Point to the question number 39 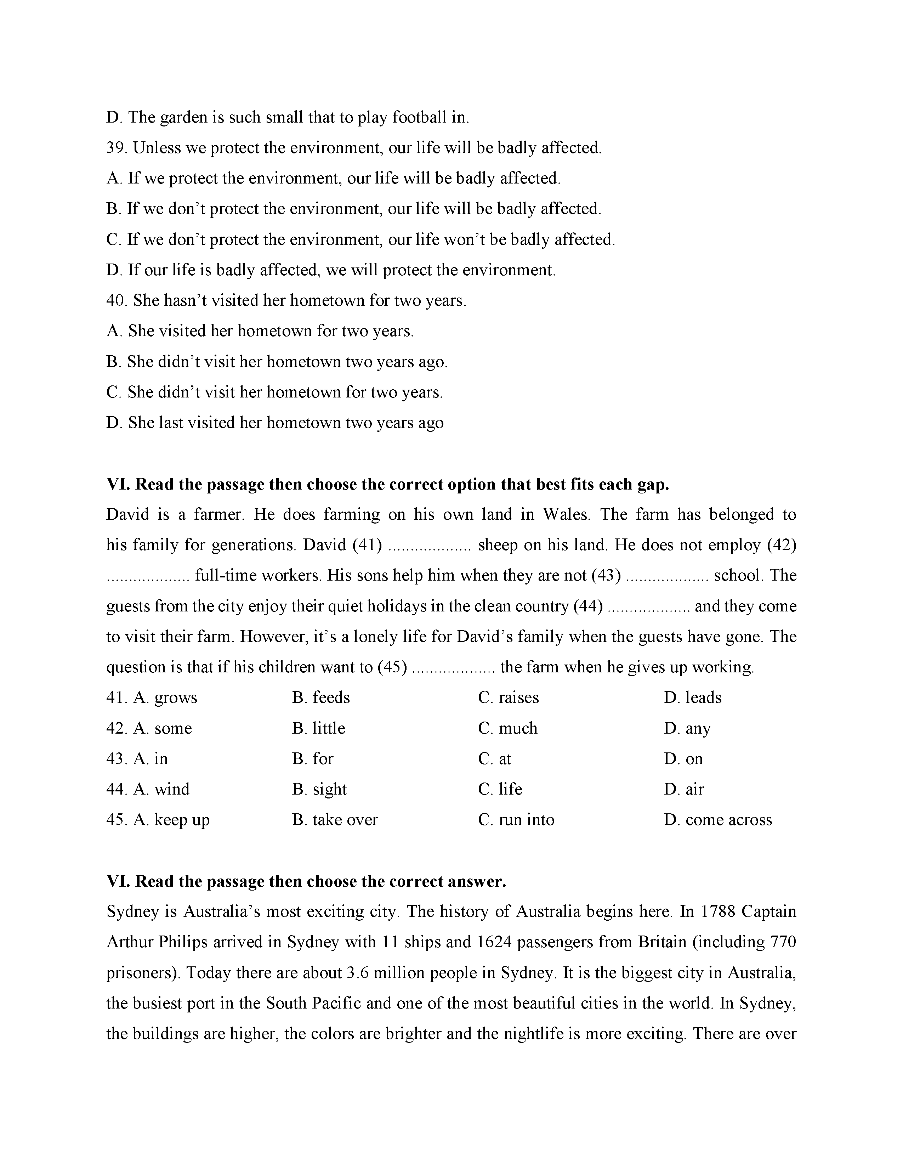[x=115, y=148]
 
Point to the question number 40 [x=115, y=300]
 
